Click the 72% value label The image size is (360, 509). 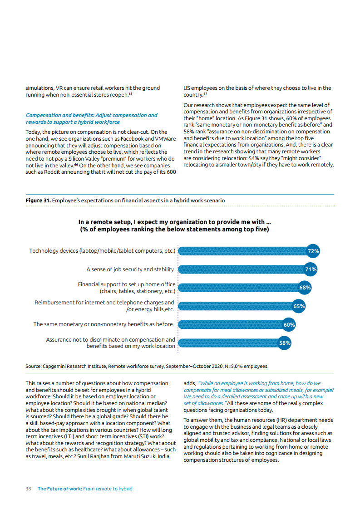pos(314,251)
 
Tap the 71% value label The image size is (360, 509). pos(311,269)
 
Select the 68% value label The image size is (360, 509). pos(305,288)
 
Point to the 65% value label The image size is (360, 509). pos(299,306)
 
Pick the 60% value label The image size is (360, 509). pos(289,325)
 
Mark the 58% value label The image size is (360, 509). pos(285,343)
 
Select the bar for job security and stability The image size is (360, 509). pos(241,269)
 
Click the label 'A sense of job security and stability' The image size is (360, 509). pos(130,269)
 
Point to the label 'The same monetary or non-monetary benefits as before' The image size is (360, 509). pos(103,324)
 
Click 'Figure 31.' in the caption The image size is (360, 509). pos(38,200)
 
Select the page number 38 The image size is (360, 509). pos(28,489)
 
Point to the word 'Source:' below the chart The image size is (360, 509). pos(33,366)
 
